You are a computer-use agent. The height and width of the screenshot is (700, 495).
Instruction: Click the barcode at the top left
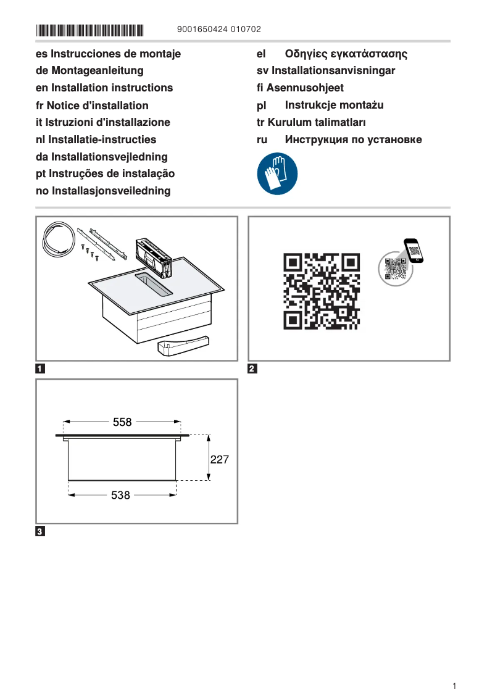[x=89, y=30]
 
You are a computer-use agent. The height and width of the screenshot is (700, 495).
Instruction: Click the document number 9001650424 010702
[x=218, y=30]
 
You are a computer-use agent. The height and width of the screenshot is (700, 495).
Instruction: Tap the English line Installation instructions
[x=104, y=88]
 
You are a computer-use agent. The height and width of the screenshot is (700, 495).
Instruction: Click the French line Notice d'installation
[x=92, y=106]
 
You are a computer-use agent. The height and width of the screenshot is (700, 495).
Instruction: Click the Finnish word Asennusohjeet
[x=305, y=88]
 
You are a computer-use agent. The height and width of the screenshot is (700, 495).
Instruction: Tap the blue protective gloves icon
[x=277, y=174]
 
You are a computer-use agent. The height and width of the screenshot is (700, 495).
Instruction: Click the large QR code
[x=322, y=290]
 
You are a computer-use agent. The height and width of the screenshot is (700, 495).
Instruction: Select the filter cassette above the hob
[x=152, y=256]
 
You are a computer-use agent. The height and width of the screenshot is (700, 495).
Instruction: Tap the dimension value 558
[x=122, y=422]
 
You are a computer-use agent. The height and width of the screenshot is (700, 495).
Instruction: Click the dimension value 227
[x=220, y=459]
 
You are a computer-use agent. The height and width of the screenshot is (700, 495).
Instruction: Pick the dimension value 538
[x=120, y=495]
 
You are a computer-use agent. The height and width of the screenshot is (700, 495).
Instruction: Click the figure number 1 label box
[x=40, y=369]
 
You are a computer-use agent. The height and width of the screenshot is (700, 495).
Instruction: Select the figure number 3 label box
[x=40, y=531]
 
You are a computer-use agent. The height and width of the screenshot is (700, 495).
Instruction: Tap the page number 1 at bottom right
[x=454, y=686]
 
